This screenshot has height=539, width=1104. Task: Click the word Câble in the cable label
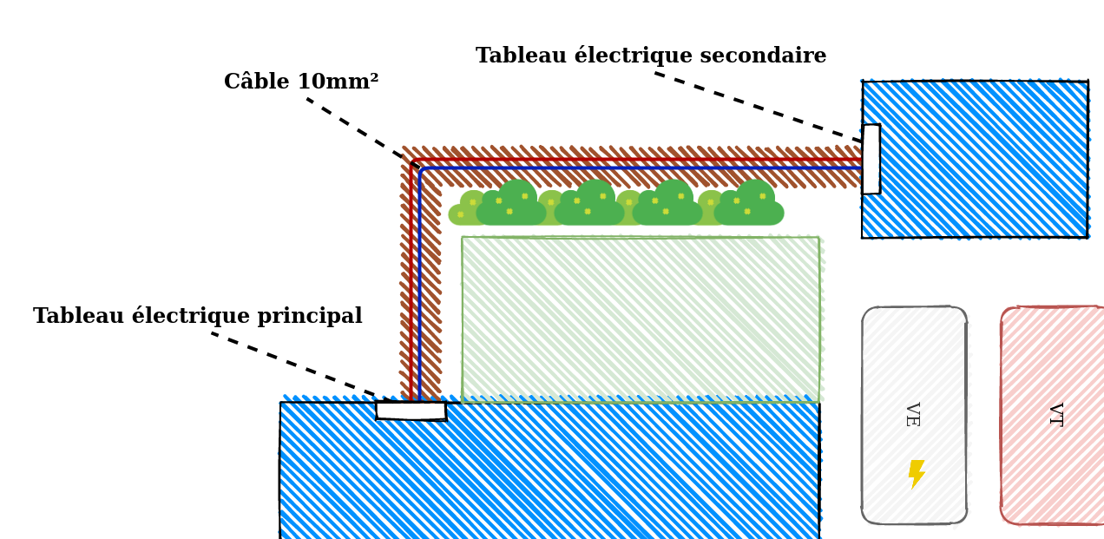tap(257, 81)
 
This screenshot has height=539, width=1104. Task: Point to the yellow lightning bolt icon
tap(917, 474)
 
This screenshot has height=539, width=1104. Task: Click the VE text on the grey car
tap(913, 414)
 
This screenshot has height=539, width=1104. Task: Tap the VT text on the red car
tap(1055, 414)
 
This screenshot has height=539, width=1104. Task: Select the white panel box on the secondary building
tap(871, 159)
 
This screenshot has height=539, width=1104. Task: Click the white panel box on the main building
tap(411, 411)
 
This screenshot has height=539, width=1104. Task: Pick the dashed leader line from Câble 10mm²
tap(364, 133)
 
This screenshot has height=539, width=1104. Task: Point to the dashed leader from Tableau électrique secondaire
tap(759, 108)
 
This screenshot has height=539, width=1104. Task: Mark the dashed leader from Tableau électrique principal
tap(295, 365)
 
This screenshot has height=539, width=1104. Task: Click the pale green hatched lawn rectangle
tap(641, 319)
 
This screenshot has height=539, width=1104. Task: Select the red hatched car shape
tap(1052, 416)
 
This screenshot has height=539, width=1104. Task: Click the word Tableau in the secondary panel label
tap(522, 56)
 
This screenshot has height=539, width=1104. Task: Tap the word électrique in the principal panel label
tap(191, 316)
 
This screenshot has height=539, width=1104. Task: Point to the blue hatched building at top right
tap(975, 159)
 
